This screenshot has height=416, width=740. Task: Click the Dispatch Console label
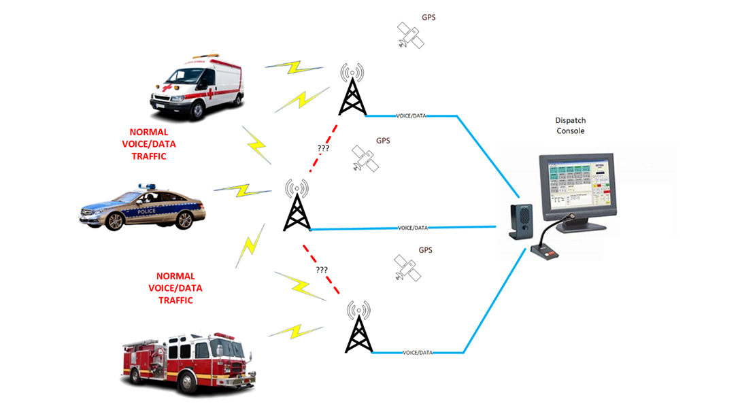click(570, 126)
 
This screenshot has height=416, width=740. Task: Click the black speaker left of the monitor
click(522, 222)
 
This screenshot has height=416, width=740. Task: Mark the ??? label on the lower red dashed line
click(322, 270)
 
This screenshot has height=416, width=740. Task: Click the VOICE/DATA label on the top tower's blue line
click(411, 116)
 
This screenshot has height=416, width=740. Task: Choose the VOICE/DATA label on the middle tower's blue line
click(412, 228)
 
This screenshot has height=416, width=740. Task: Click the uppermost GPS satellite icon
click(411, 35)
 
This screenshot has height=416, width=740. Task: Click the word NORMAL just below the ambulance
click(149, 132)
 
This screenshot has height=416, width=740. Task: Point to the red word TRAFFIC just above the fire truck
click(175, 300)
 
